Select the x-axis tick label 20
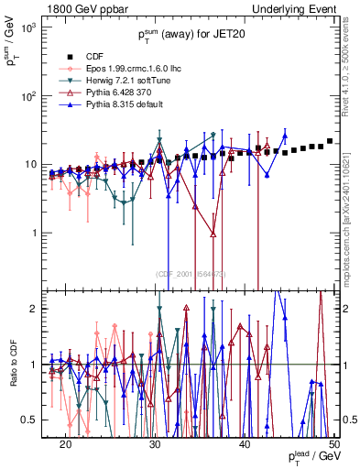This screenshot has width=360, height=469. [x=65, y=443]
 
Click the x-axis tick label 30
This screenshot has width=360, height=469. [x=155, y=443]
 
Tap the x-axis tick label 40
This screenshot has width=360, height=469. [x=245, y=443]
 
